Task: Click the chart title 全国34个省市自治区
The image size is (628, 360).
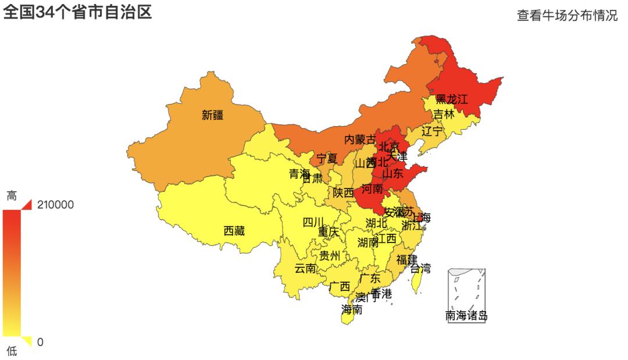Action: pyautogui.click(x=78, y=12)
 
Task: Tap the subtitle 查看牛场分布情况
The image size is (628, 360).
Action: pyautogui.click(x=567, y=16)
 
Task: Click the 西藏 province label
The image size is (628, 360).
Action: pyautogui.click(x=234, y=231)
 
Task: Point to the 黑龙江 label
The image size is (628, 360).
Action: pyautogui.click(x=451, y=99)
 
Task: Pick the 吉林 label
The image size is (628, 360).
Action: pyautogui.click(x=444, y=114)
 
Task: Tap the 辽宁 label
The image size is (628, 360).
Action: pyautogui.click(x=432, y=131)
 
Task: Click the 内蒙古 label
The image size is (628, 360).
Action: pyautogui.click(x=360, y=140)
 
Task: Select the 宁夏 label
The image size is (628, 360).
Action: pyautogui.click(x=327, y=158)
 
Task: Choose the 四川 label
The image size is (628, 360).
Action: pyautogui.click(x=313, y=222)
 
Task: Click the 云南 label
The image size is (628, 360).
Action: pyautogui.click(x=305, y=268)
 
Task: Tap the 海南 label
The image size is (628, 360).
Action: pyautogui.click(x=352, y=309)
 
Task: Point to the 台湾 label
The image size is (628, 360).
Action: pyautogui.click(x=420, y=268)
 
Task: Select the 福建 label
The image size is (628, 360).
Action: pyautogui.click(x=406, y=258)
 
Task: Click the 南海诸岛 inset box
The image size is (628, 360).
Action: pyautogui.click(x=466, y=294)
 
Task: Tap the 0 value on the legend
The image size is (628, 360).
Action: pyautogui.click(x=40, y=342)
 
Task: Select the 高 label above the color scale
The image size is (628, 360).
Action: pyautogui.click(x=12, y=196)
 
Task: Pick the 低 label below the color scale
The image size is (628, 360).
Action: pyautogui.click(x=12, y=351)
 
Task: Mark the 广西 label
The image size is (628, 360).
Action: pyautogui.click(x=339, y=286)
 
